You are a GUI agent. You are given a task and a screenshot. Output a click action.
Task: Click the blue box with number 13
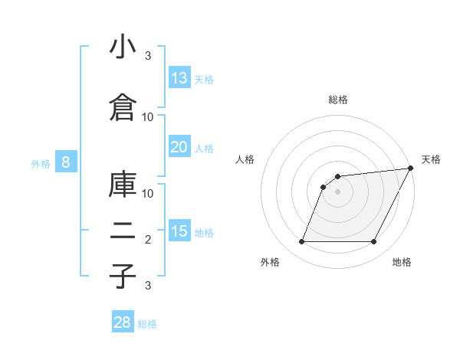[179, 78]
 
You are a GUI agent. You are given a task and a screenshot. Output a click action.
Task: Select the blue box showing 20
[179, 147]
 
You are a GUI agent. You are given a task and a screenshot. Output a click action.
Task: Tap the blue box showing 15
[179, 231]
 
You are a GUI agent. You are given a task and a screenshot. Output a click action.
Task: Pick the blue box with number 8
[66, 162]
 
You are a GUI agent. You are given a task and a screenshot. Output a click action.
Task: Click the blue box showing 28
[123, 322]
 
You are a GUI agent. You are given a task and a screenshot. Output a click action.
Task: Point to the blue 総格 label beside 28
[147, 324]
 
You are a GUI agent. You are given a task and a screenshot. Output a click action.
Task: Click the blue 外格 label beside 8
[40, 163]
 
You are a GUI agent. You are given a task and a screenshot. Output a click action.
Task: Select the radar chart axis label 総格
[338, 100]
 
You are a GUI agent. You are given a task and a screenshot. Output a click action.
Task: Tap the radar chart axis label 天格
[431, 159]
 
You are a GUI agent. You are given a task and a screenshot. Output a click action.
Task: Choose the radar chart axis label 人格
[245, 159]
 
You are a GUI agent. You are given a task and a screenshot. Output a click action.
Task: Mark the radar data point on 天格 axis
[411, 169]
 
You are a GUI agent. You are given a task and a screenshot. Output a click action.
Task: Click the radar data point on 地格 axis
[374, 242]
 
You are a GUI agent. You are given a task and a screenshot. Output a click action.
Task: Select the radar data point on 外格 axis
[301, 242]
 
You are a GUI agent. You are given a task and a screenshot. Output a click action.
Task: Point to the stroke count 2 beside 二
[148, 240]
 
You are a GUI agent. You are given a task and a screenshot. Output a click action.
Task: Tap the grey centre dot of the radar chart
[337, 192]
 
